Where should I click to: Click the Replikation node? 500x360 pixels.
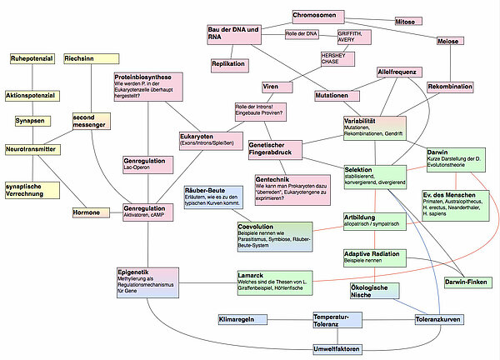pos(228,63)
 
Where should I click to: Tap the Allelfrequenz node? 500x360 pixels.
pos(397,73)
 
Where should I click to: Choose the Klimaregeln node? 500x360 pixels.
pos(241,319)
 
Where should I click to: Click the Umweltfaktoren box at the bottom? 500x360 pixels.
pos(338,347)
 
